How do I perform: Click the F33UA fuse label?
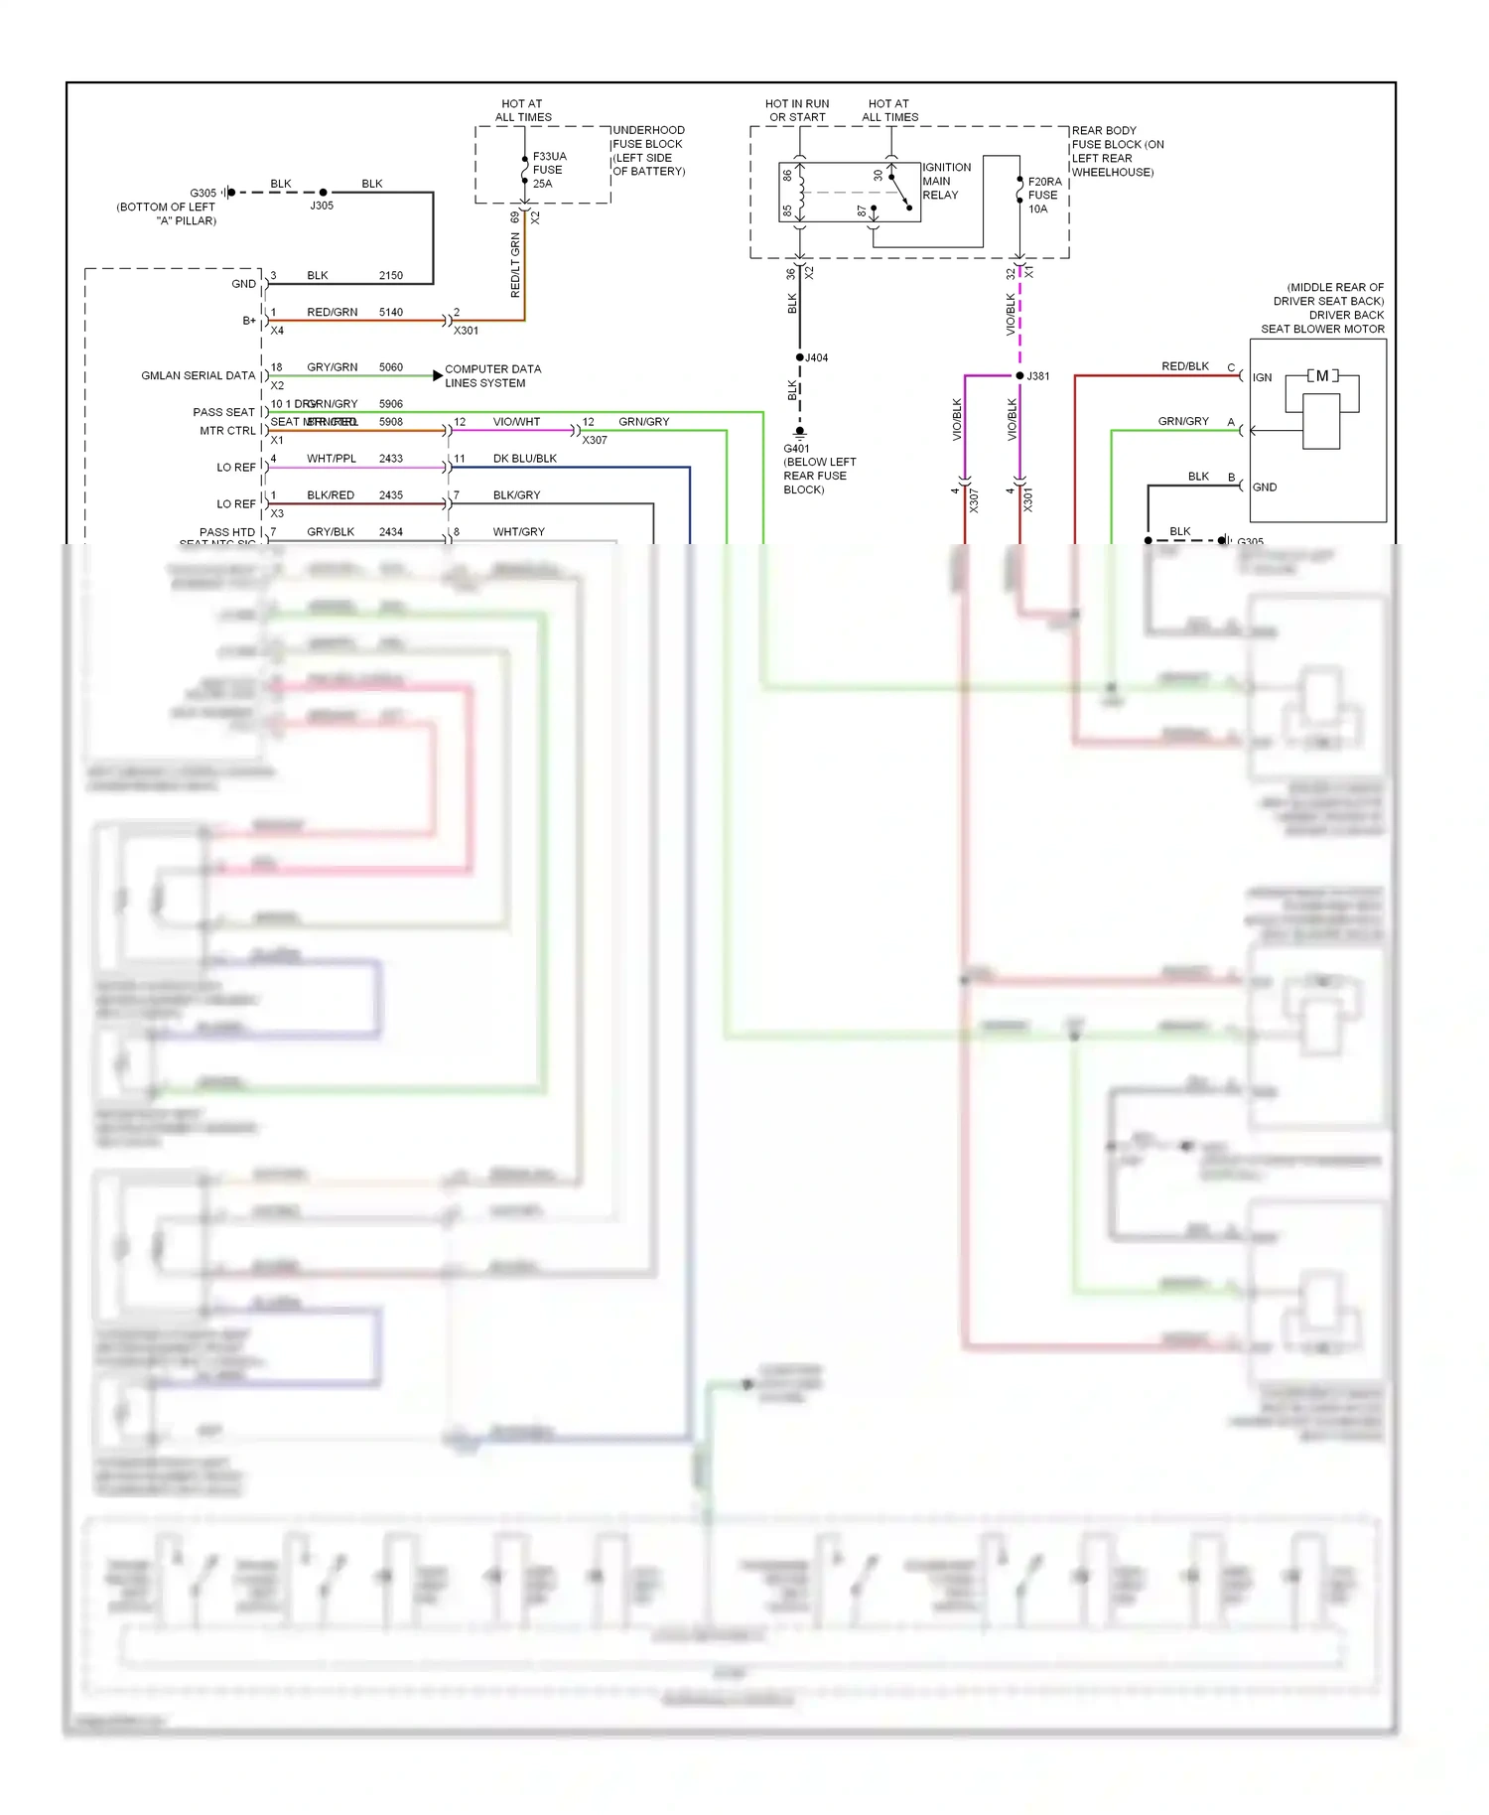tap(548, 170)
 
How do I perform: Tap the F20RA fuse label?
tap(1043, 196)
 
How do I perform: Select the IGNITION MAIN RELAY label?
tap(946, 181)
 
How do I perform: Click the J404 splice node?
tap(800, 357)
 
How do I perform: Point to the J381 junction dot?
tap(1019, 375)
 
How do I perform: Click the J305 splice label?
tap(322, 206)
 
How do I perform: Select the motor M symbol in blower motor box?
tap(1321, 376)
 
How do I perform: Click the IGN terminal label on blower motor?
tap(1262, 377)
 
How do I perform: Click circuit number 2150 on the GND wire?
tap(390, 275)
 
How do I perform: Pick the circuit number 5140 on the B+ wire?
tap(390, 312)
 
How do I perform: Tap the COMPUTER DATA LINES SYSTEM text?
tap(492, 375)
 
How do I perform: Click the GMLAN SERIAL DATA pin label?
tap(198, 375)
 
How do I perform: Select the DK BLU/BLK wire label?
tap(524, 459)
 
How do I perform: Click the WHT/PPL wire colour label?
tap(331, 459)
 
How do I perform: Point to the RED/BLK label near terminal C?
tap(1184, 366)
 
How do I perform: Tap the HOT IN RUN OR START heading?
tap(797, 110)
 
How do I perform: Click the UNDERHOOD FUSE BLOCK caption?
tap(648, 150)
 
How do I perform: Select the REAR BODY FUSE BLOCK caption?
tap(1117, 151)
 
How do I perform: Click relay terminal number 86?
tap(787, 175)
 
